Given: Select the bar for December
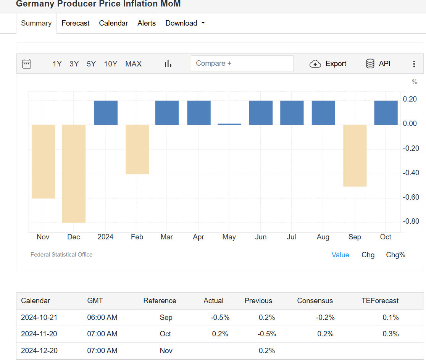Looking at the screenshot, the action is [x=74, y=174].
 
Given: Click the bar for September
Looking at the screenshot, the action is [x=355, y=156].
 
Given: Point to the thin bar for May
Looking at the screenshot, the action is [x=229, y=124].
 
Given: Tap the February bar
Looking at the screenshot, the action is [x=137, y=149].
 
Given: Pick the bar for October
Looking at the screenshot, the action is [x=386, y=113].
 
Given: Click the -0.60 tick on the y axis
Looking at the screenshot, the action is [x=411, y=197].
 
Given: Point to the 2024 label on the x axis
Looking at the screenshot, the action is [x=105, y=237].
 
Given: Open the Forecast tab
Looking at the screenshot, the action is [x=76, y=23].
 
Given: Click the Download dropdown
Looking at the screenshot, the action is [x=185, y=23].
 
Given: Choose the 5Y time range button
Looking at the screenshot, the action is [x=91, y=64].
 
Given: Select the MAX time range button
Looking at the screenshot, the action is [x=133, y=64].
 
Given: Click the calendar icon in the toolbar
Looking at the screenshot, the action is [x=27, y=64].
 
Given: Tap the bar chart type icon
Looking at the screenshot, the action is [x=168, y=64].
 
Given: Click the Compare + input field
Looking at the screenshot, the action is [x=242, y=63].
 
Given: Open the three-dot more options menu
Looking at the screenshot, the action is [x=414, y=64].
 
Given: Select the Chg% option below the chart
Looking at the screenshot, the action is [x=395, y=255].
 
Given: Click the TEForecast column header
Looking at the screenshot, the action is [x=380, y=301].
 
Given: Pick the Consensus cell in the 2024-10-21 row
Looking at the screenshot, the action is [x=325, y=317].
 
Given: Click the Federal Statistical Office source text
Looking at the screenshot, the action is [x=61, y=255].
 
